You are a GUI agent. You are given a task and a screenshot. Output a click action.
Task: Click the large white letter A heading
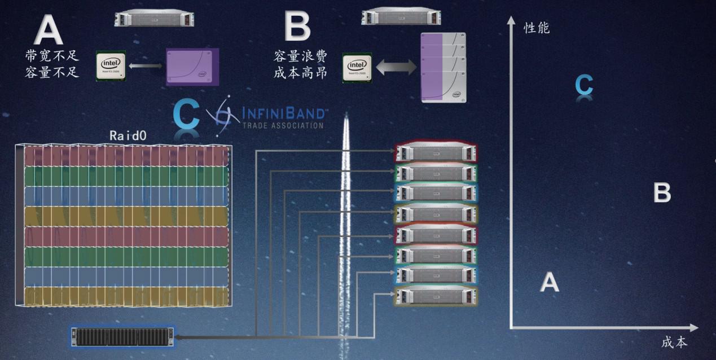(x=49, y=31)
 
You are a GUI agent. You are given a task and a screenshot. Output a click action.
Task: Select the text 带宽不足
(x=52, y=56)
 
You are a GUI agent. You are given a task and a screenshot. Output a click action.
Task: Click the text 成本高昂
(x=300, y=73)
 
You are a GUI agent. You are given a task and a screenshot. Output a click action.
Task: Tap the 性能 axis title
(x=537, y=28)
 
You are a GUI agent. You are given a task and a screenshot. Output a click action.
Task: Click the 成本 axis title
(x=674, y=342)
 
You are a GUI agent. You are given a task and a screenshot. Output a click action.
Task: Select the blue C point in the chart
(x=584, y=85)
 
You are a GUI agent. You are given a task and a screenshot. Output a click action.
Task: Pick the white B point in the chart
(x=662, y=193)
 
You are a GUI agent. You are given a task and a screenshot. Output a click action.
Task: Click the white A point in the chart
(x=550, y=282)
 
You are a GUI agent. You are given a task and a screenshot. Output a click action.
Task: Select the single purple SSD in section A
(x=192, y=67)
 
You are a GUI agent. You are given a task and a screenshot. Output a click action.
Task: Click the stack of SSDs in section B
(x=443, y=68)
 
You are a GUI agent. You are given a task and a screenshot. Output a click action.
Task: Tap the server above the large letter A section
(x=154, y=18)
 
